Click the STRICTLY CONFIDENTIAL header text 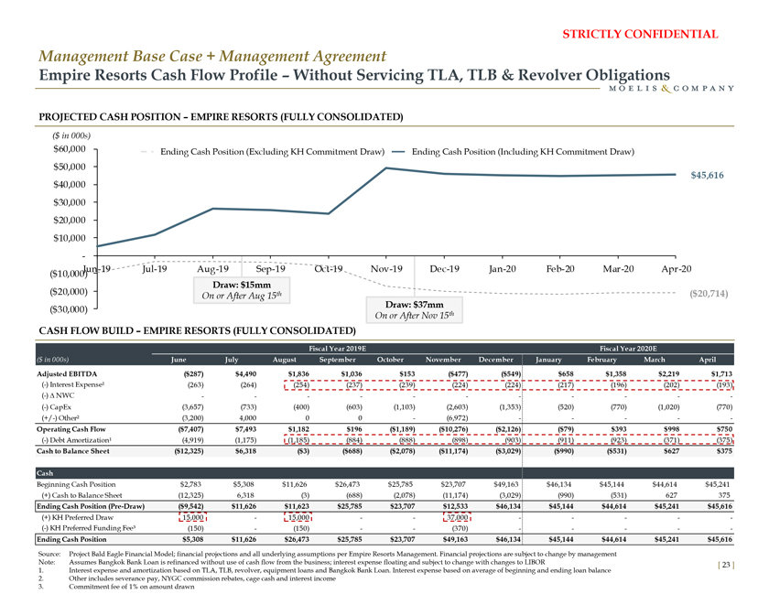[x=645, y=35]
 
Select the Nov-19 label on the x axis [x=387, y=268]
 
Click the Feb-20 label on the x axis [x=559, y=268]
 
